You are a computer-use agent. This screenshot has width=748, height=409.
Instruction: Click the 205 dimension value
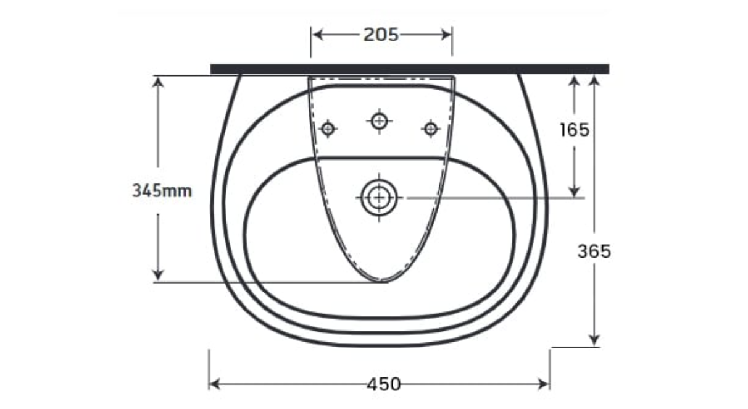pos(381,35)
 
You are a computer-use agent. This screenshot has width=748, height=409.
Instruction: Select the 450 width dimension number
pos(383,384)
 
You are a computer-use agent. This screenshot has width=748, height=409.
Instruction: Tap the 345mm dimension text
pos(162,191)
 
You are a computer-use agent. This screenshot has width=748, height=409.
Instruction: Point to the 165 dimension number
pos(575,130)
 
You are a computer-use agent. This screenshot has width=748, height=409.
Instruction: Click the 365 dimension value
pos(594,251)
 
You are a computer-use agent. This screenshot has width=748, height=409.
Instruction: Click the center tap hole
pos(379,120)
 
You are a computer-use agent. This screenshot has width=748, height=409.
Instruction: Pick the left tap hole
pos(328,129)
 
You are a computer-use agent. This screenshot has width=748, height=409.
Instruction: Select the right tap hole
pos(430,129)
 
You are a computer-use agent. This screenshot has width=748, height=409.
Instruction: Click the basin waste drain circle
pos(379,198)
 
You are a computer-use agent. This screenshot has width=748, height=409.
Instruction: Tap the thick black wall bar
pos(410,69)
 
